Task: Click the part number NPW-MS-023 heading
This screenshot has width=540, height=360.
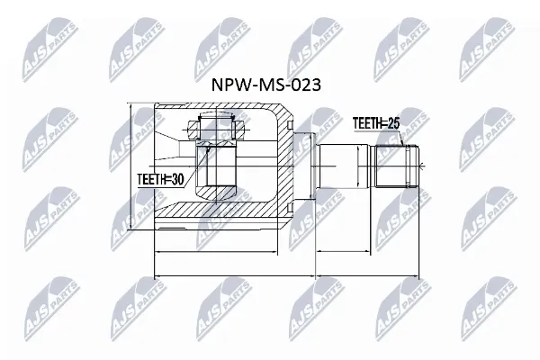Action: (265, 85)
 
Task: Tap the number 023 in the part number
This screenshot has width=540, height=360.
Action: (306, 85)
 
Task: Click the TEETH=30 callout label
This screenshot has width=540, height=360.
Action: (160, 179)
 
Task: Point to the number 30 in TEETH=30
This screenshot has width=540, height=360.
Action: (177, 179)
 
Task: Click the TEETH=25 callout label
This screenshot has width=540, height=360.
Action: (376, 123)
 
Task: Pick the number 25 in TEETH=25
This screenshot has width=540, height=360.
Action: (393, 123)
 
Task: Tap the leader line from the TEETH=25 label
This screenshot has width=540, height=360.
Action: (401, 138)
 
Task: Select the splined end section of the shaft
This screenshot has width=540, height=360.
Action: (397, 166)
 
